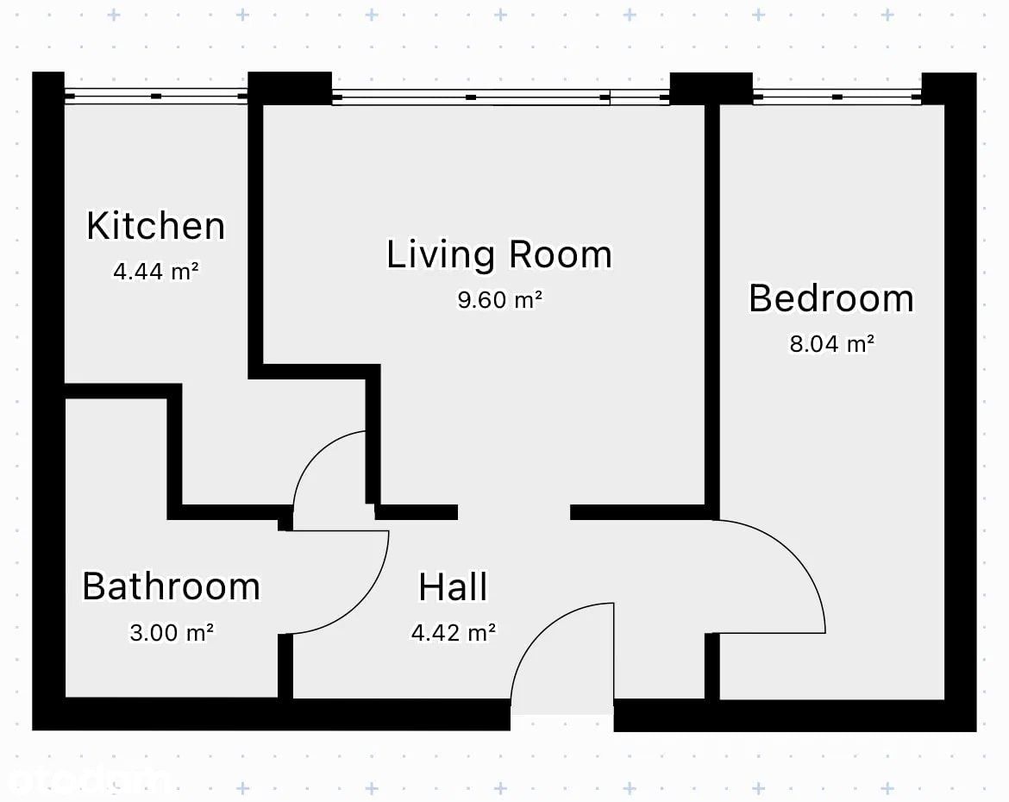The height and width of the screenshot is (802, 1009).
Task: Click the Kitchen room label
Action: point(156,226)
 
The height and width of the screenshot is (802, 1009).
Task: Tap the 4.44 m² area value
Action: point(156,271)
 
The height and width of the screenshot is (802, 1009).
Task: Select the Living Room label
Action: point(499,254)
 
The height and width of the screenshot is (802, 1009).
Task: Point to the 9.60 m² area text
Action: point(500,299)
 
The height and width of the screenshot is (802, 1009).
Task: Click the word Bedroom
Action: point(831,298)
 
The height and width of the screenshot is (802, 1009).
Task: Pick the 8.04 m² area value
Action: point(832,344)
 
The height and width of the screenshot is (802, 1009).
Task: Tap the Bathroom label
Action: point(171,586)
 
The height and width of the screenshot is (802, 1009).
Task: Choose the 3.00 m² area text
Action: point(171,633)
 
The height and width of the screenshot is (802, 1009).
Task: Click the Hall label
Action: point(453,587)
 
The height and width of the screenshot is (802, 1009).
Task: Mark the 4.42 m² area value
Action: point(454,633)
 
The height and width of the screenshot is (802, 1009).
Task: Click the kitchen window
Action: point(156,96)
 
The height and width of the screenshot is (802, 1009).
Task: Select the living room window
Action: point(501,97)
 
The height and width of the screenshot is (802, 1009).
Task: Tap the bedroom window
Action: point(837,97)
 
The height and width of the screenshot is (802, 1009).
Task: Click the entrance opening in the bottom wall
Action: point(561,714)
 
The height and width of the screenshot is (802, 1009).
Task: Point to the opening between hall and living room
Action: point(514,512)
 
